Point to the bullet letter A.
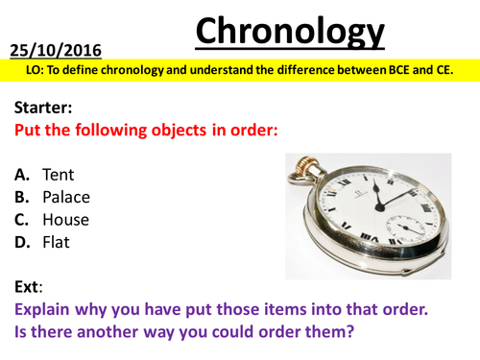coord(21,175)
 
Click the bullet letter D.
coord(22,242)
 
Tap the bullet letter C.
coord(21,219)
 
